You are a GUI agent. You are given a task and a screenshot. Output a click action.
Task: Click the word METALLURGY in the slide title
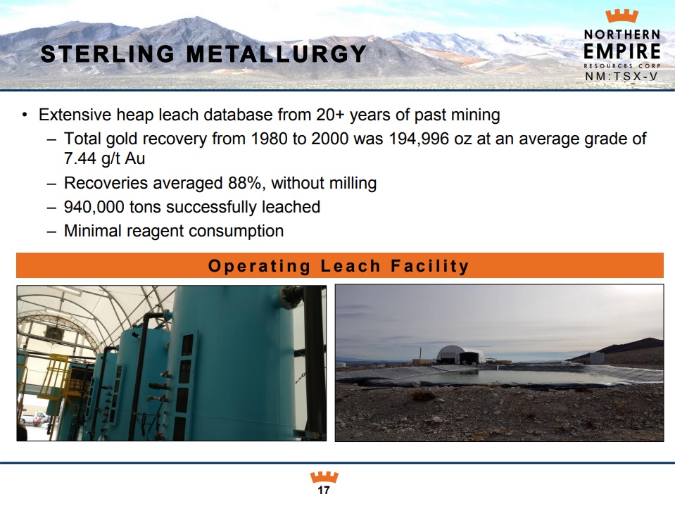[x=276, y=54]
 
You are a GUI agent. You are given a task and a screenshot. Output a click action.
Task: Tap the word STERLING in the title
[x=108, y=54]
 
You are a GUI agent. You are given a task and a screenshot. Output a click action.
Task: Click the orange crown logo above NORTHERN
[x=622, y=16]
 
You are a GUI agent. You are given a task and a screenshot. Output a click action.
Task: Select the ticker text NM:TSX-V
[x=622, y=77]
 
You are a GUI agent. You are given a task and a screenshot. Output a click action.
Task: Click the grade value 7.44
[x=80, y=159]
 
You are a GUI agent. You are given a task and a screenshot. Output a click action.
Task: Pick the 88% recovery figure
[x=244, y=183]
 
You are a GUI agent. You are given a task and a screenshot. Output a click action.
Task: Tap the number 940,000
[x=94, y=208]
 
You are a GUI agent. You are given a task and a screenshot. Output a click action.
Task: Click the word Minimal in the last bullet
[x=92, y=231]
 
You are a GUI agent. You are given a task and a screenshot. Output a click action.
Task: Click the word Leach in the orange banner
[x=351, y=266]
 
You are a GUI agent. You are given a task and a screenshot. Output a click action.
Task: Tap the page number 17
[x=324, y=490]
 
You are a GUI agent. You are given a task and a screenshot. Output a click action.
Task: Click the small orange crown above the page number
[x=324, y=477]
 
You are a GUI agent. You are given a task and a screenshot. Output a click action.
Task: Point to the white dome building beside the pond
[x=460, y=355]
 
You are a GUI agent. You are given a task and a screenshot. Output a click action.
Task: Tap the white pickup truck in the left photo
[x=33, y=417]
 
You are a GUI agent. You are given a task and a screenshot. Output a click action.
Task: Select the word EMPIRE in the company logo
[x=622, y=51]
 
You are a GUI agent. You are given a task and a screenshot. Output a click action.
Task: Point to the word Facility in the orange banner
[x=429, y=266]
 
